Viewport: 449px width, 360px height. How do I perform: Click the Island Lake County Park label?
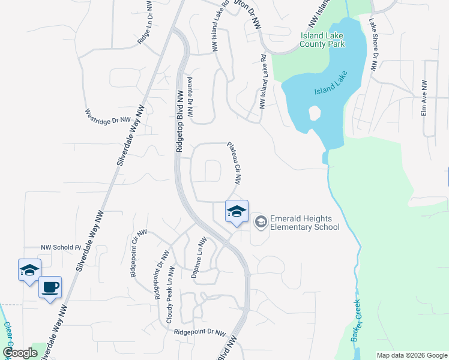322,40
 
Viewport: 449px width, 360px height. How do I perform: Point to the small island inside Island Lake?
313,113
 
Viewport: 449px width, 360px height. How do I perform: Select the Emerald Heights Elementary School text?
304,223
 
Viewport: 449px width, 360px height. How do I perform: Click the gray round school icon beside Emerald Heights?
261,223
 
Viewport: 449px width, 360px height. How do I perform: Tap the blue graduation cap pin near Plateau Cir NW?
237,212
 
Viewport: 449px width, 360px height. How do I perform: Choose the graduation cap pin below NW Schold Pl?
29,271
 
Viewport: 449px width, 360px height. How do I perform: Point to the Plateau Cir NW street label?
235,163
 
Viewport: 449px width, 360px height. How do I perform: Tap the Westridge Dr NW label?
107,116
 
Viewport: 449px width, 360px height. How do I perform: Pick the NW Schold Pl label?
61,247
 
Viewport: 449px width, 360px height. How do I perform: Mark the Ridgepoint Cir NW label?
137,253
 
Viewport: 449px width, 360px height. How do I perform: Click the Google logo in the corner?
20,353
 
